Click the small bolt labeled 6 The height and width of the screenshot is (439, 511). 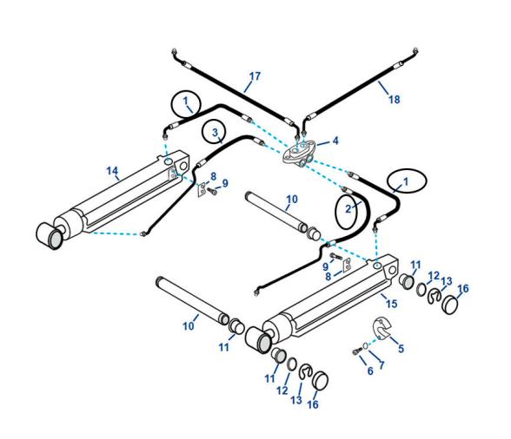[357, 351]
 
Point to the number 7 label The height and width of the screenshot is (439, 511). [381, 368]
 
